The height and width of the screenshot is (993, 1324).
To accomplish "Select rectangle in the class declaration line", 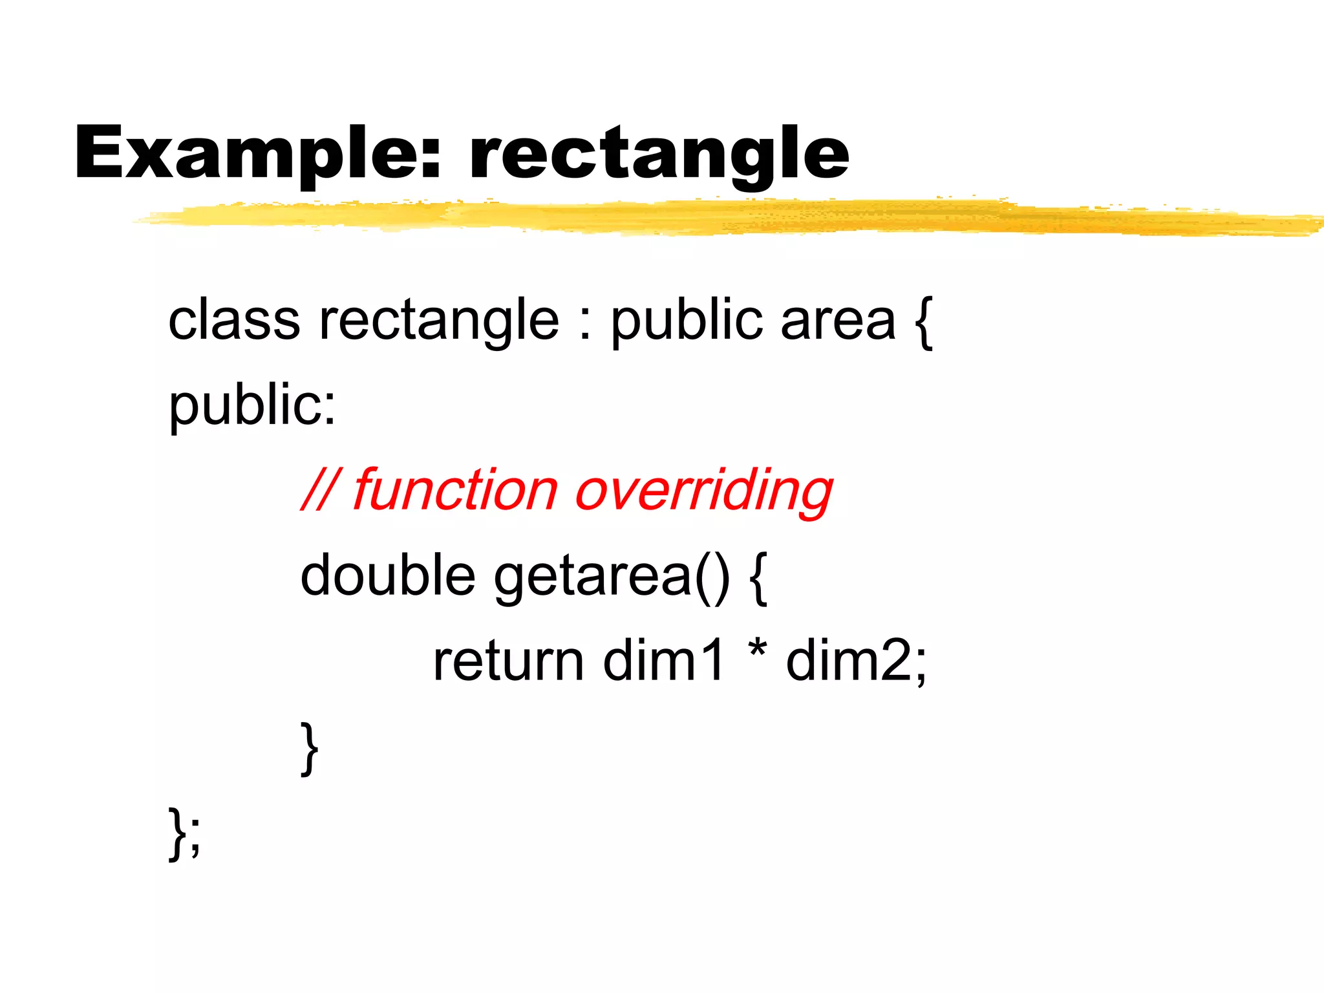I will click(439, 321).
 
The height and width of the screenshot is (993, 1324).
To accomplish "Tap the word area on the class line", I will click(838, 321).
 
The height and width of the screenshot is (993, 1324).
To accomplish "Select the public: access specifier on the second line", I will click(252, 405).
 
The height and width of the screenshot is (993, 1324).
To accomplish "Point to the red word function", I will click(455, 490).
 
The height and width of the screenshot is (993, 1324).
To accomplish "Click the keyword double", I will click(388, 575).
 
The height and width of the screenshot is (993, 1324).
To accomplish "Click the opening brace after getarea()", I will click(759, 577).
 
